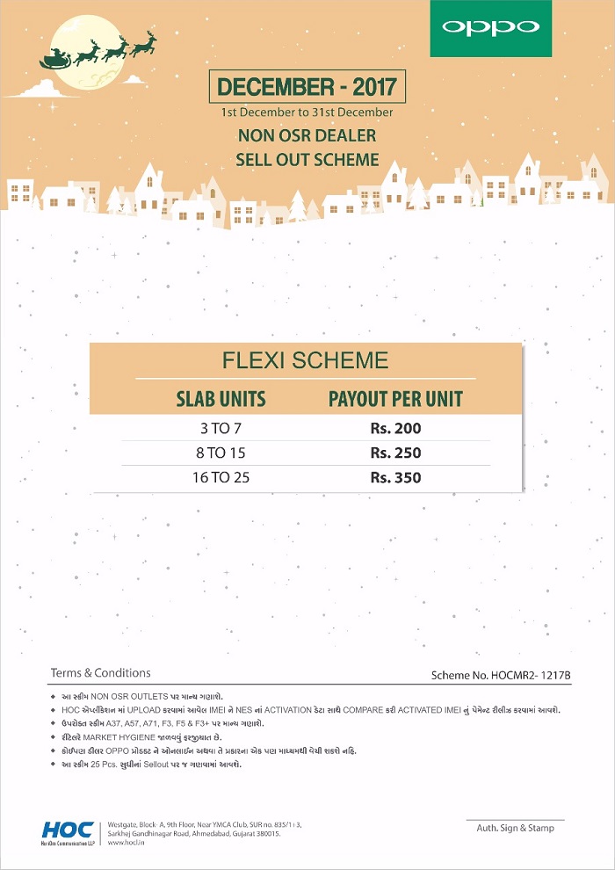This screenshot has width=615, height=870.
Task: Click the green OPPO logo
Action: click(490, 28)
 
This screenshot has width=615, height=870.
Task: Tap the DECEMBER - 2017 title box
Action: click(307, 88)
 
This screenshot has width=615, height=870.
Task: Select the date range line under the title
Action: click(307, 112)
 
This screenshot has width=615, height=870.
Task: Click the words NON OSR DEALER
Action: click(307, 135)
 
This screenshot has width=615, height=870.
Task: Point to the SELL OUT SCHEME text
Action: click(307, 160)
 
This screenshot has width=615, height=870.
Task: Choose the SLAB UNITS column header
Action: click(221, 399)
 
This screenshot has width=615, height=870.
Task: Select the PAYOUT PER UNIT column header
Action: click(395, 399)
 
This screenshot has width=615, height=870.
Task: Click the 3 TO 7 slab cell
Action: click(221, 429)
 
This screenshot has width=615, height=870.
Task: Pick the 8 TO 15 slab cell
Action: click(221, 453)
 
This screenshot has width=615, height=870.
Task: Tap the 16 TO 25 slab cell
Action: click(221, 478)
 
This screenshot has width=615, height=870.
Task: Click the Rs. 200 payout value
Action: click(395, 429)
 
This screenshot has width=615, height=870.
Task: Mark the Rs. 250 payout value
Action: click(395, 453)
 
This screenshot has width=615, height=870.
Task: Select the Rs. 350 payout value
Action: click(395, 478)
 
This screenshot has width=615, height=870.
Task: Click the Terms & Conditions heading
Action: click(100, 673)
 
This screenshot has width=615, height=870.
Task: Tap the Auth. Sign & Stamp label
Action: click(515, 828)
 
